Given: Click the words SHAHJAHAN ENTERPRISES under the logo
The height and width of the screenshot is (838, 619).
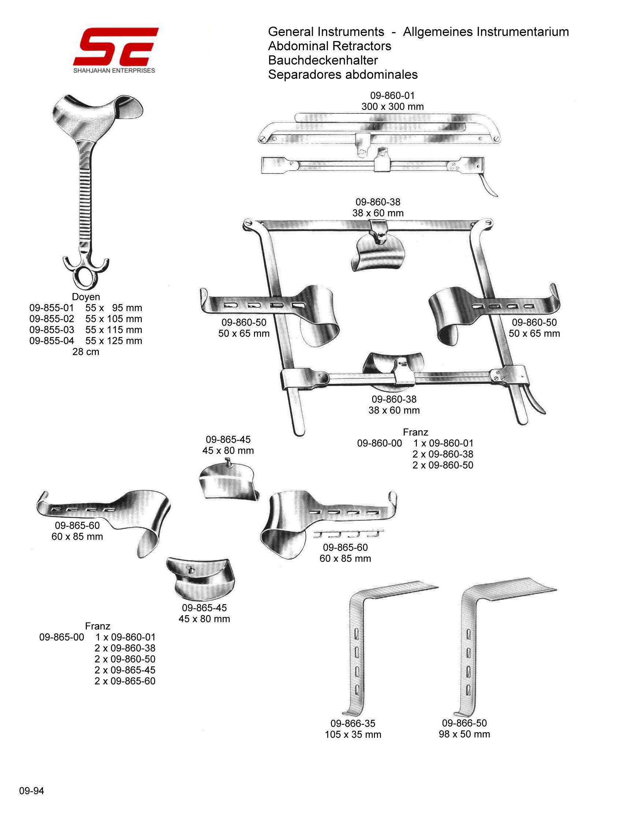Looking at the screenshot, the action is coord(114,70).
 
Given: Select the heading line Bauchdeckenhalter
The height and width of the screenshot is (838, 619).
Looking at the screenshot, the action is coord(323,60).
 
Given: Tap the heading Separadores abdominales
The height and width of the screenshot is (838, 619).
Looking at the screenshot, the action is coord(343,75).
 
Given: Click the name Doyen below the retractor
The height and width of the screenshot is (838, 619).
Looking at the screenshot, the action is coord(86,297).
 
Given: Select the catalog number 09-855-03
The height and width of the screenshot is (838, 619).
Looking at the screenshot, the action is coord(52,330).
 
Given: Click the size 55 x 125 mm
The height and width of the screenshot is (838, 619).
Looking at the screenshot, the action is coord(114,341).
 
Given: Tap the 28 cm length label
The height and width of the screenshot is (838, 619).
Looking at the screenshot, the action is coord(86,352).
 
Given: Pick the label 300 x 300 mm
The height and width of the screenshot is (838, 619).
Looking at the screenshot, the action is coord(392,106).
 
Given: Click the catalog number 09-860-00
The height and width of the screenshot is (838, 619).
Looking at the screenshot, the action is coord(379,443).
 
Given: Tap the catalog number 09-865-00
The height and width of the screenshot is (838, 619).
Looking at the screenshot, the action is coord(62,637).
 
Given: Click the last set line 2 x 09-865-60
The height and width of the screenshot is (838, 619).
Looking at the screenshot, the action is coord(125,681).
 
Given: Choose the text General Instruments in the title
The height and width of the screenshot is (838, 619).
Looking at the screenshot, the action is coord(326,32).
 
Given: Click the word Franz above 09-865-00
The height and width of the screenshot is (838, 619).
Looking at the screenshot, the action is coord(97,626).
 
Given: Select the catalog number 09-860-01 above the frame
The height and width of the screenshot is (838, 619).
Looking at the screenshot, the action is coord(392,96).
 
